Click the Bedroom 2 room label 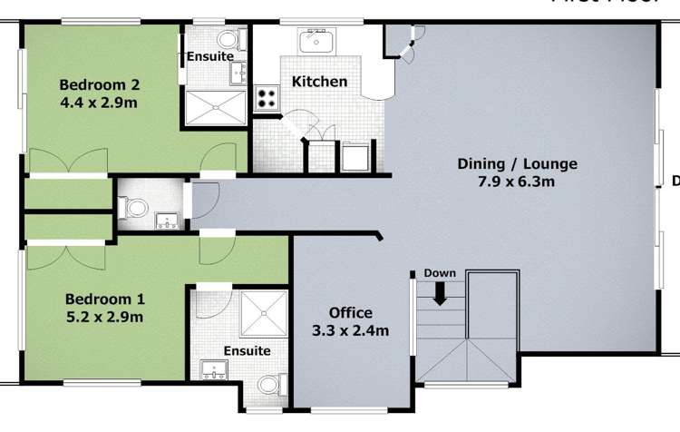pos(99,85)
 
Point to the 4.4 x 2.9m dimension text pos(99,103)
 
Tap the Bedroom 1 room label pos(104,299)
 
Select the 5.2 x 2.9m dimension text pos(104,317)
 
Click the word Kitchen pos(319,82)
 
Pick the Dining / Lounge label pos(517,164)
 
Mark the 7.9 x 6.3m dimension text pos(517,182)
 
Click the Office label pos(350,313)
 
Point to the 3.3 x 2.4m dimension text pos(350,331)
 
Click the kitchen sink pos(317,40)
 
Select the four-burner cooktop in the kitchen pos(267,97)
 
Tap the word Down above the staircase pos(441,273)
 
